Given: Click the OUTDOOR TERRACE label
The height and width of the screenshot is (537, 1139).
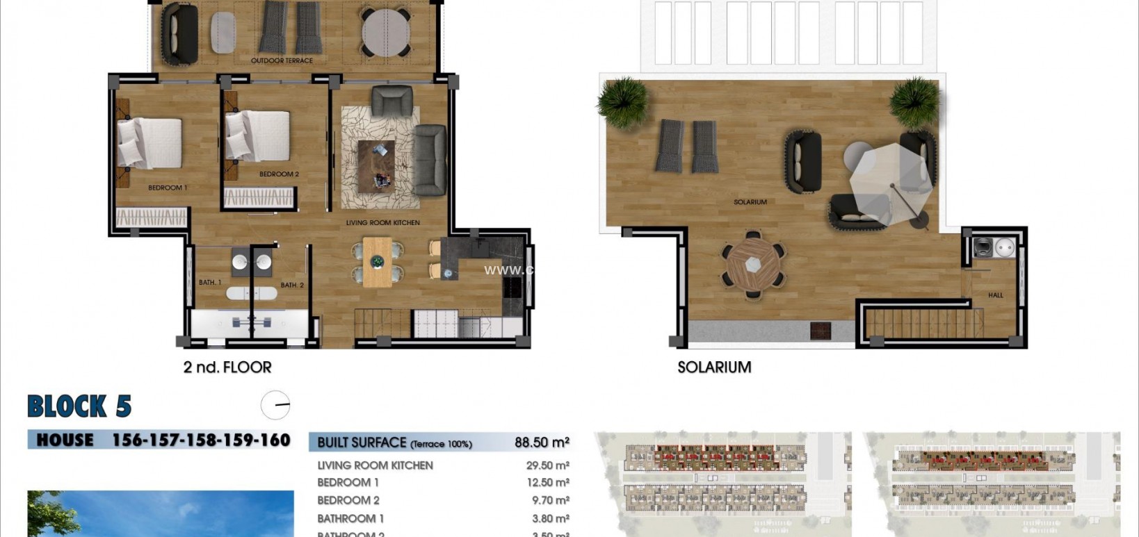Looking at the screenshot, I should (x=282, y=60).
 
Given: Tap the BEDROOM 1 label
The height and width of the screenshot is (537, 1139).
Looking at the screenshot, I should (x=167, y=188).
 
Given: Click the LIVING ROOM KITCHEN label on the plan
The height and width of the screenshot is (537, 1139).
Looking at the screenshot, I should (x=382, y=223).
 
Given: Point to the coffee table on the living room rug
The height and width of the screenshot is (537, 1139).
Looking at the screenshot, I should (x=376, y=165).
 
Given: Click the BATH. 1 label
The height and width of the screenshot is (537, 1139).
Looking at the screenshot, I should (x=209, y=282).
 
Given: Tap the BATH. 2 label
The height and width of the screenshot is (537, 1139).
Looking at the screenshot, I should (x=292, y=285).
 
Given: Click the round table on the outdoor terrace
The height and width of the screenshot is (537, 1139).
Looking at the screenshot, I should (x=386, y=31).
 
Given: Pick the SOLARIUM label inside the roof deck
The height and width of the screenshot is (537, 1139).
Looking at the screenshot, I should (x=750, y=202).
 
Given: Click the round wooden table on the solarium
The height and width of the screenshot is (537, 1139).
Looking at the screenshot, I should (x=754, y=265).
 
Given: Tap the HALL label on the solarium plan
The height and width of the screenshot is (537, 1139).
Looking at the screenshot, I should (x=995, y=295).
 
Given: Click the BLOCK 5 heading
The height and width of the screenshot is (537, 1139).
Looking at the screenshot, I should (x=79, y=406).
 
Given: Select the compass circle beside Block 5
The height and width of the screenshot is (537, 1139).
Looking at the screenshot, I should (x=275, y=405).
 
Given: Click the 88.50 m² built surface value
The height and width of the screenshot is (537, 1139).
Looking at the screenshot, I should (x=542, y=443).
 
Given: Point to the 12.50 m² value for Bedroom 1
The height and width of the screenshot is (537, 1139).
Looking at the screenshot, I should (x=547, y=483).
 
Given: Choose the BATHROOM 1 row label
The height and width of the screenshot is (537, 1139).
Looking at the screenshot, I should (x=350, y=518).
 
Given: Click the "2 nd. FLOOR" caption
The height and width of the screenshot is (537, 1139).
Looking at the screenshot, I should (x=227, y=367).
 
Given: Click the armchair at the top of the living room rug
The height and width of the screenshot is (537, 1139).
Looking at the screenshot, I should (x=391, y=101).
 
